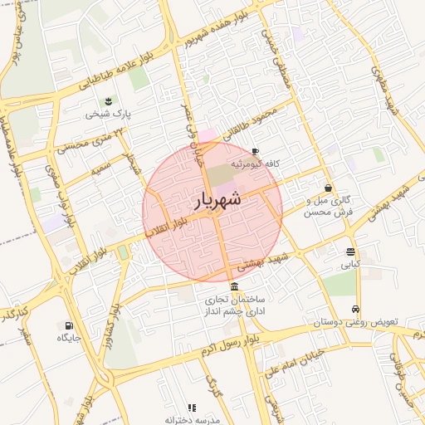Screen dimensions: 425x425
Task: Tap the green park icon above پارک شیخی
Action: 108,100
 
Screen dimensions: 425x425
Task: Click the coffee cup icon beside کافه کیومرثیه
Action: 254,150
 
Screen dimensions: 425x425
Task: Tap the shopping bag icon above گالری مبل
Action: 330,188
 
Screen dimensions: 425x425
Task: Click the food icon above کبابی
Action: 350,252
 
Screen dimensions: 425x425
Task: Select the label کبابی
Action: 350,266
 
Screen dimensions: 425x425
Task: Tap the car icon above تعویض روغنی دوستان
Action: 356,308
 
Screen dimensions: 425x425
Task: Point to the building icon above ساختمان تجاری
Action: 232,286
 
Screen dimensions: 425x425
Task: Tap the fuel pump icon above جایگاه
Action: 68,325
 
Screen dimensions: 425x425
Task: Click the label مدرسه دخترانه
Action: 195,420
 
